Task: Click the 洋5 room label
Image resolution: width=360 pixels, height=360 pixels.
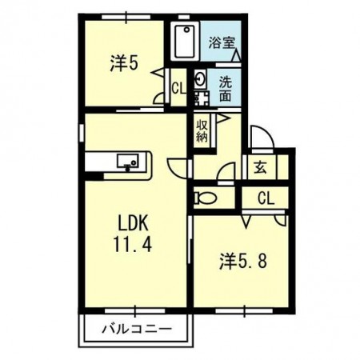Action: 125,63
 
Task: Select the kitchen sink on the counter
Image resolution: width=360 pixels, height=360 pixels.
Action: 128,162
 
